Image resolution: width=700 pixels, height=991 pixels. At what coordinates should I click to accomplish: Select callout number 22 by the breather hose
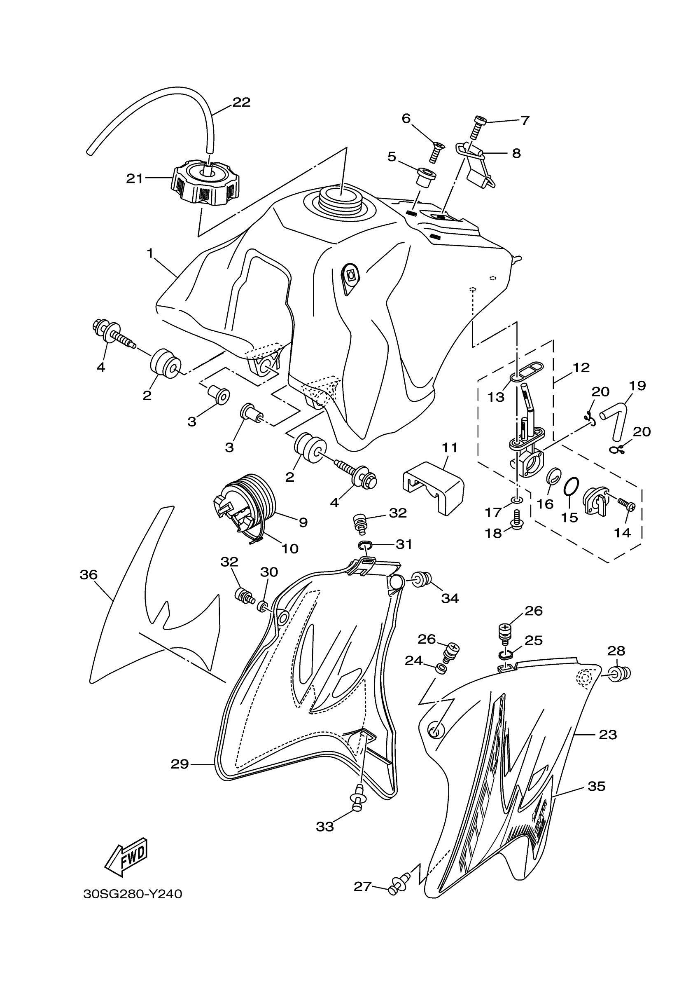coord(241,102)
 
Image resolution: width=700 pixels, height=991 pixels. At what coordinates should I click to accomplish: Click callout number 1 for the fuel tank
coord(150,253)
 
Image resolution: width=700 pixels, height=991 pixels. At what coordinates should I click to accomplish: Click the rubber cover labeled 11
coord(433,486)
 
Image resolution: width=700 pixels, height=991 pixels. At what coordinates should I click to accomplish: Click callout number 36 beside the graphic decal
coord(89,574)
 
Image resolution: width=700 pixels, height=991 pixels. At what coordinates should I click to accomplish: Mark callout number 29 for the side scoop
coord(180,764)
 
